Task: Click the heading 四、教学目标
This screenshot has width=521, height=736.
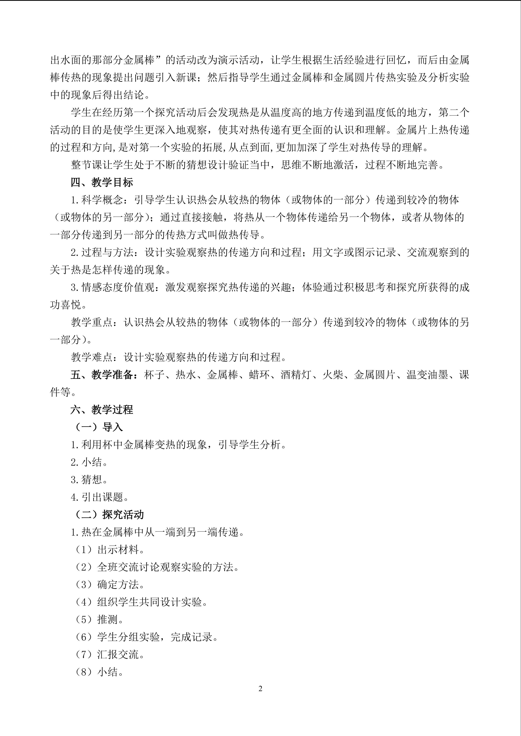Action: point(102,182)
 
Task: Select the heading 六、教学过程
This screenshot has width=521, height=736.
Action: point(102,409)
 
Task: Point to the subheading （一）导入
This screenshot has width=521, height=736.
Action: point(99,427)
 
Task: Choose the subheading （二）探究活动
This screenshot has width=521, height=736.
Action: point(109,515)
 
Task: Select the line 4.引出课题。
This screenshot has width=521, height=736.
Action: point(100,497)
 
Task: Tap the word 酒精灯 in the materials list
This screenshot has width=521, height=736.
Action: point(296,374)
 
